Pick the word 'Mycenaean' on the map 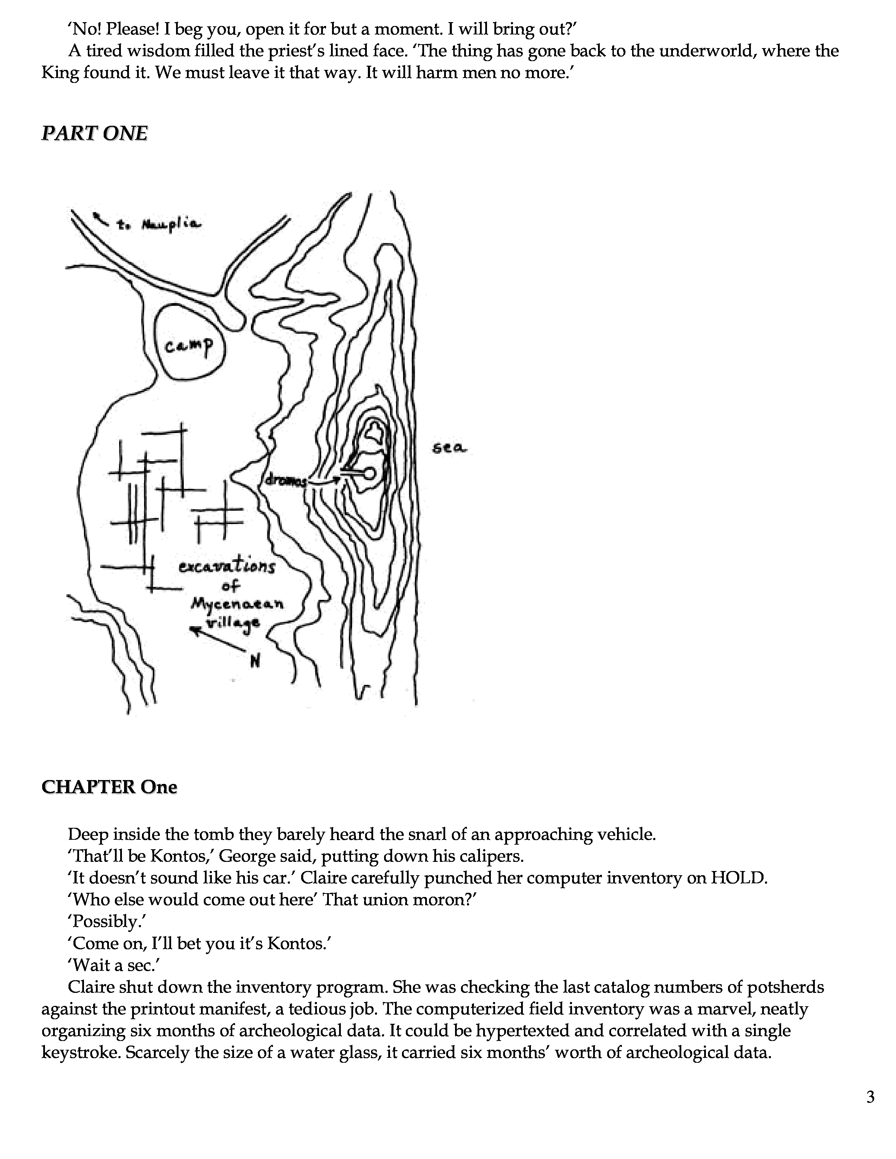[x=237, y=604]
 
